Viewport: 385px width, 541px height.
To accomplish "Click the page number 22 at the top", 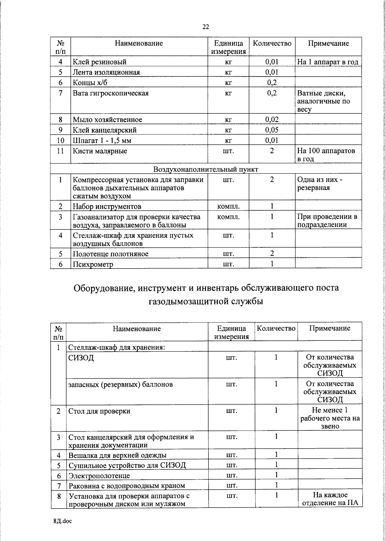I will (x=206, y=27).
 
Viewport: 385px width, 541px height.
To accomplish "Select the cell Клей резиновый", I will (x=100, y=62).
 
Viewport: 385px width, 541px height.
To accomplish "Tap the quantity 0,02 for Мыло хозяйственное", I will (x=272, y=120).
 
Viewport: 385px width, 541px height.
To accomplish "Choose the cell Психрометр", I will (x=93, y=264).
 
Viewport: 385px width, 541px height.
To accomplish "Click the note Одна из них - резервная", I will (x=320, y=184).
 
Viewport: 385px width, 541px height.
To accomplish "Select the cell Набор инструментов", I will (x=107, y=206).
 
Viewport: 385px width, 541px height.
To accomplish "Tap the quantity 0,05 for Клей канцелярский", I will (x=272, y=130).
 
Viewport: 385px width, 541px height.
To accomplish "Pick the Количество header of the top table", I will (x=272, y=43).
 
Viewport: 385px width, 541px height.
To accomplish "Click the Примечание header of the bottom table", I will (x=329, y=328).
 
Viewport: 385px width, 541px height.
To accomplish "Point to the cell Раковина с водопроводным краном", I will (x=127, y=495).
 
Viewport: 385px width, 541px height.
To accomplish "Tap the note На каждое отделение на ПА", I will (x=330, y=508).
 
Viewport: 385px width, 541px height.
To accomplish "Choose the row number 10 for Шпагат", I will (x=60, y=141).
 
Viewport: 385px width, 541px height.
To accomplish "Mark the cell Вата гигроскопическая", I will (x=111, y=93).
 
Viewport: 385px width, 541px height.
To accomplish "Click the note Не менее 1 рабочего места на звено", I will (x=330, y=418).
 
